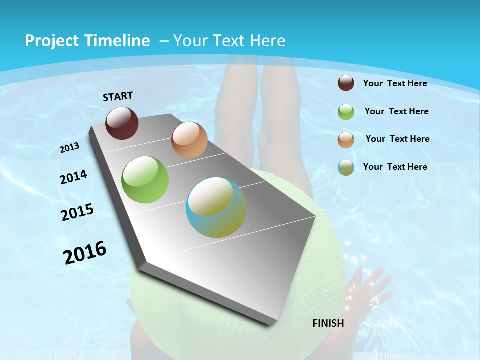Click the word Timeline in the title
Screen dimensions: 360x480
pos(120,41)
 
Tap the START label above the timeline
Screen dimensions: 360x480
pos(118,96)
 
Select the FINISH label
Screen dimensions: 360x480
pos(328,323)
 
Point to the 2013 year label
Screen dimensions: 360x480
pos(70,148)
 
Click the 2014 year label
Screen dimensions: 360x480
pos(73,177)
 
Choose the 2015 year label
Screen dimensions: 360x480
pos(77,212)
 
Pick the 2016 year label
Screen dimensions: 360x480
pos(85,252)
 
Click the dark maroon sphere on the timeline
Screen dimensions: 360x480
pos(122,123)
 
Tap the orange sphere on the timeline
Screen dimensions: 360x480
pos(189,140)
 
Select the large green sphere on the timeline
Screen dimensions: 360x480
pos(145,180)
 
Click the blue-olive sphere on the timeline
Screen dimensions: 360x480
pos(216,207)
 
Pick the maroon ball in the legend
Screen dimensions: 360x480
pos(346,83)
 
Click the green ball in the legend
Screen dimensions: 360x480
pos(346,111)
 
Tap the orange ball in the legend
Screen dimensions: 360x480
pos(346,139)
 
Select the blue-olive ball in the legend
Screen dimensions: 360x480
pos(346,167)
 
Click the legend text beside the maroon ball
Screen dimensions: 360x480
pos(395,83)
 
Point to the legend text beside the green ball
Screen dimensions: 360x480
pos(396,111)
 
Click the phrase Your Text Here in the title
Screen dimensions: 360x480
pos(229,41)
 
